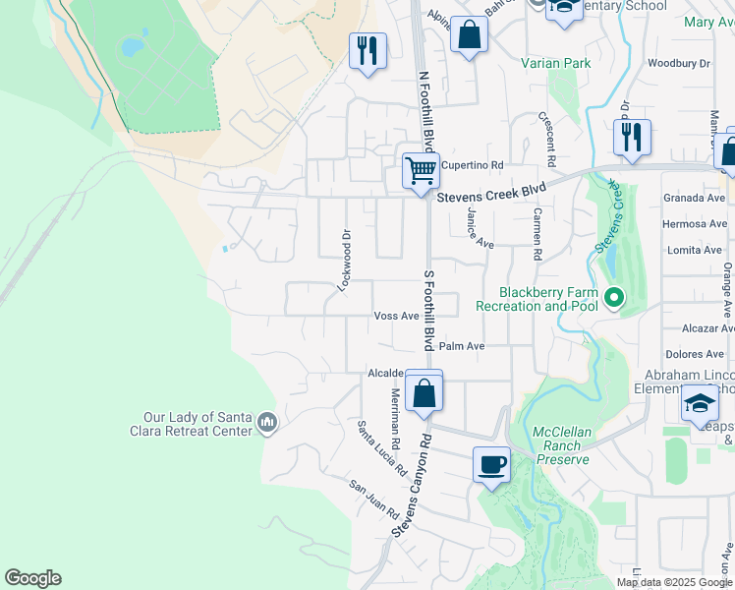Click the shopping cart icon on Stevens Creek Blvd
tap(421, 171)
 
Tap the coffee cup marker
tap(491, 465)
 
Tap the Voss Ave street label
tap(397, 316)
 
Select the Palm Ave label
tap(462, 346)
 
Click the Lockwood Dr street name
tap(344, 262)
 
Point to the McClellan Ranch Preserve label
tap(561, 445)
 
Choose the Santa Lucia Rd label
tap(381, 447)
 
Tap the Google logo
tap(32, 578)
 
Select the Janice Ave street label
tap(479, 228)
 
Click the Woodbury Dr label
tap(679, 64)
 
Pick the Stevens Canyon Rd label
tap(412, 486)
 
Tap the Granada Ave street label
tap(694, 197)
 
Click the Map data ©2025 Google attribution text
tap(673, 582)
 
